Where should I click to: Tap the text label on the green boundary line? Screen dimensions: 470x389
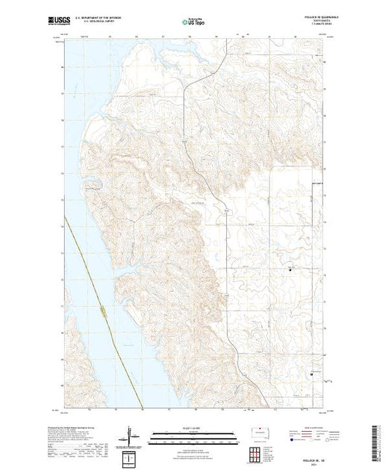99,306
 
